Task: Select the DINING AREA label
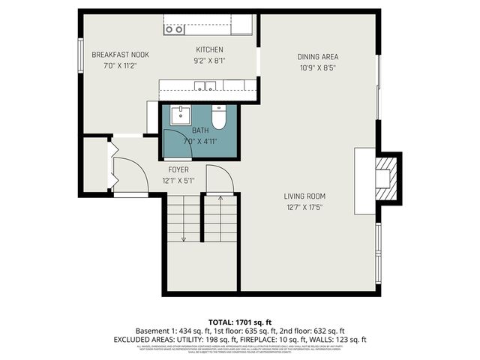[317, 56]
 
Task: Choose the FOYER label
[178, 169]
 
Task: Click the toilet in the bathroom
[219, 118]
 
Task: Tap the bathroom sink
[180, 115]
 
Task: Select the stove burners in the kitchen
[174, 29]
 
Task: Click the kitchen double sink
[205, 85]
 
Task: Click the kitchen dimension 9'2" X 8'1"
[209, 61]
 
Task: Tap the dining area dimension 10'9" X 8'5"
[317, 67]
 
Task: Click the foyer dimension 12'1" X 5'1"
[178, 181]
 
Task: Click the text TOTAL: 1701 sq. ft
[240, 321]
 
